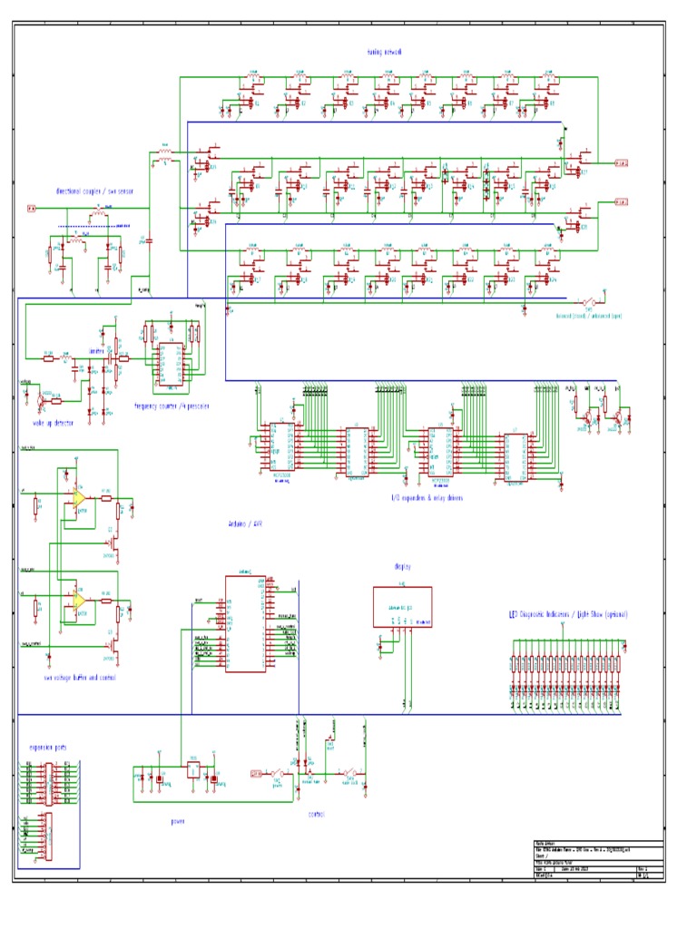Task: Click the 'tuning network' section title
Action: coord(384,53)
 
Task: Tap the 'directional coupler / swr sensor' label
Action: coord(92,191)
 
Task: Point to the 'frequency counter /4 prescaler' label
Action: coord(172,406)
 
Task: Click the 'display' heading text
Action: coord(403,566)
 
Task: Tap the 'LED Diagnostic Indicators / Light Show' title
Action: coord(568,614)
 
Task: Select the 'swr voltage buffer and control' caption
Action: coord(79,677)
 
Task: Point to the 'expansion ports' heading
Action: coord(47,748)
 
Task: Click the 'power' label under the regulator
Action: coord(178,821)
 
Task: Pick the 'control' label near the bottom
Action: coord(316,814)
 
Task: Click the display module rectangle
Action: coord(403,607)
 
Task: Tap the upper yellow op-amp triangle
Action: coord(80,498)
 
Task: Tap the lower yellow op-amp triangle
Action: coord(80,601)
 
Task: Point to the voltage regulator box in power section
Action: coord(193,770)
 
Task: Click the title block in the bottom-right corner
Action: coord(597,859)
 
